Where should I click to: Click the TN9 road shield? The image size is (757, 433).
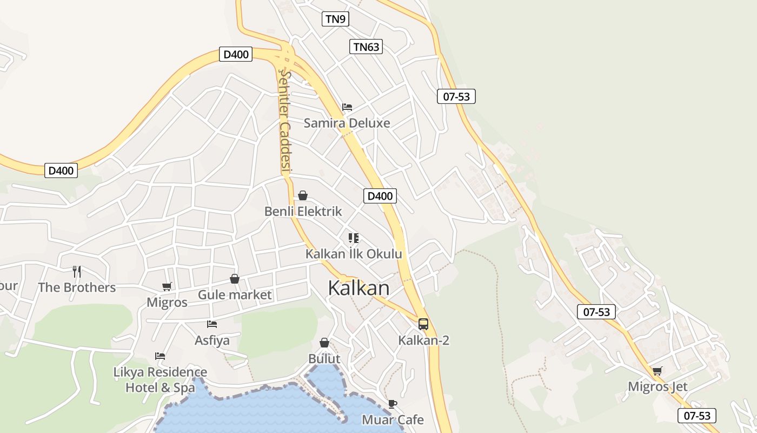coord(335,19)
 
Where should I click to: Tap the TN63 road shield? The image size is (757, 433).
coord(366,47)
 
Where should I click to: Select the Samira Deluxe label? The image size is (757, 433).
coord(347,123)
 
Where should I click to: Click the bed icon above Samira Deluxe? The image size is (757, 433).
coord(347,107)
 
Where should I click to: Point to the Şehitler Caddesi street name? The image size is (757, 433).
coord(284,122)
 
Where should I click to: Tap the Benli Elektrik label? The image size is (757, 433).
coord(303,211)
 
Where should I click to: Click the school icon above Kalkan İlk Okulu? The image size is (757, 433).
coord(354,238)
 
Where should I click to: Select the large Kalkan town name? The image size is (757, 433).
coord(358,288)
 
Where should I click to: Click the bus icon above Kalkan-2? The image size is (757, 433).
coord(423,324)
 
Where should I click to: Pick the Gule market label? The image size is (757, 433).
coord(235,295)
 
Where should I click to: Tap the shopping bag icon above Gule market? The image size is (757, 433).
coord(235,279)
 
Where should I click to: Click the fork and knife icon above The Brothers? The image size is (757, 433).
coord(77,271)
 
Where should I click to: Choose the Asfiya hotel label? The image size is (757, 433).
coord(212,340)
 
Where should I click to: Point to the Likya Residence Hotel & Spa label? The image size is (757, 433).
coord(160,380)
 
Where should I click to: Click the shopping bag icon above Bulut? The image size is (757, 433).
coord(324,343)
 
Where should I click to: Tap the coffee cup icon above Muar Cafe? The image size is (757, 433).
coord(393,404)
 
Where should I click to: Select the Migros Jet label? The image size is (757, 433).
coord(658,386)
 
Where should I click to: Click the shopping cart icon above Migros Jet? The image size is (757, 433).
coord(658,371)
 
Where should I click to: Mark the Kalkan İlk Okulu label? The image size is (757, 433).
coord(354,254)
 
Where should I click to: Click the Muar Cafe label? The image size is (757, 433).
coord(393,419)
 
